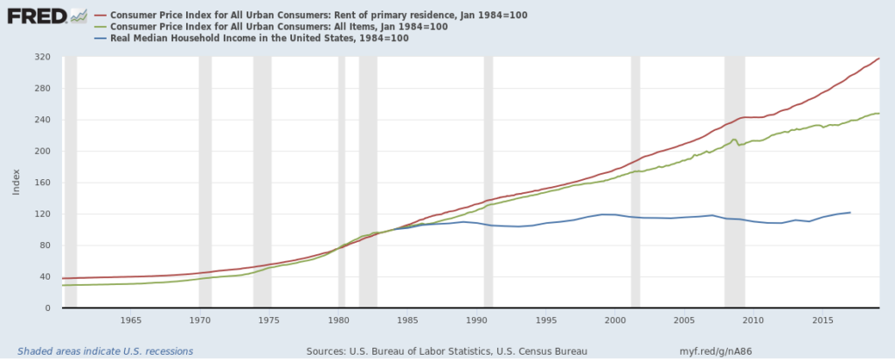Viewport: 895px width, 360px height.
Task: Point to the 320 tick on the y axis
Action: pyautogui.click(x=41, y=58)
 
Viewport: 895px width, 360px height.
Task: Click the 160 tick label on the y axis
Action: pyautogui.click(x=41, y=183)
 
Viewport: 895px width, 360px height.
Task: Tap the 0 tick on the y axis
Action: pyautogui.click(x=46, y=308)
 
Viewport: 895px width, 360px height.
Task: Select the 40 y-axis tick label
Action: pyautogui.click(x=44, y=277)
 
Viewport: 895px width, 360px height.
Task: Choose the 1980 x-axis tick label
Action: pyautogui.click(x=338, y=321)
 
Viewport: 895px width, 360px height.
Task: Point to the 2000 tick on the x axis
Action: pyautogui.click(x=615, y=321)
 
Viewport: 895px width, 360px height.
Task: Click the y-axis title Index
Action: pyautogui.click(x=17, y=182)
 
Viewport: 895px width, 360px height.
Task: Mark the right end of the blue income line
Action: pyautogui.click(x=850, y=212)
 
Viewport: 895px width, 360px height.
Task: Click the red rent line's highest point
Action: pyautogui.click(x=879, y=58)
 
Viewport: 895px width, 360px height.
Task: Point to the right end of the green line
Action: pyautogui.click(x=879, y=114)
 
